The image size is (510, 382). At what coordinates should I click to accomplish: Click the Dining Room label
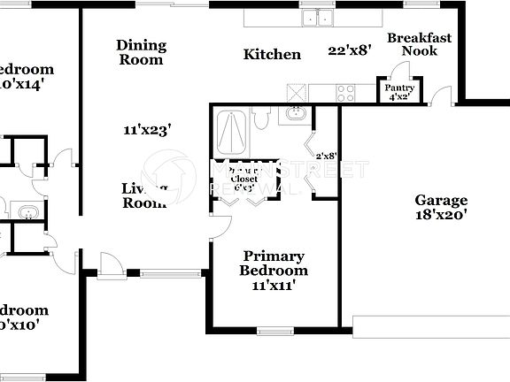click(140, 52)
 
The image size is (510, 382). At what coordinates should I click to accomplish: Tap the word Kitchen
click(272, 55)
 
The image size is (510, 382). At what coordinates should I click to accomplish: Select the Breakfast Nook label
click(419, 44)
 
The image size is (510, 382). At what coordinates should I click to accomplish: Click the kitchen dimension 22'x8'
click(348, 50)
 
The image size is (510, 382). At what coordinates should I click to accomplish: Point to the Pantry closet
click(398, 91)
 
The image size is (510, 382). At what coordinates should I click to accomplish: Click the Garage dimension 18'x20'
click(441, 214)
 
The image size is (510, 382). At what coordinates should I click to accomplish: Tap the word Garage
click(441, 200)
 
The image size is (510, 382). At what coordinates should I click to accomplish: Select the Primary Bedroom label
click(273, 264)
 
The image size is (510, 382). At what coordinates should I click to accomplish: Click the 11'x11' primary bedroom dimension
click(273, 285)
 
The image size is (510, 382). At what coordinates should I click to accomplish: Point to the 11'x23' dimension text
click(147, 130)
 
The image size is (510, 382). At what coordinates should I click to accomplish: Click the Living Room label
click(143, 195)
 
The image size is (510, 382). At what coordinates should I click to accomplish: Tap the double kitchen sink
click(315, 17)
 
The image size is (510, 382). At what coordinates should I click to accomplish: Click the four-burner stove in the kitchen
click(344, 89)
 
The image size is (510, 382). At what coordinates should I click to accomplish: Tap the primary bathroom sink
click(296, 113)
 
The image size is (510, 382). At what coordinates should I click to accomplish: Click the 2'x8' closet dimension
click(326, 156)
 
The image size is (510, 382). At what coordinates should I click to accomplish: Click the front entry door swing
click(109, 264)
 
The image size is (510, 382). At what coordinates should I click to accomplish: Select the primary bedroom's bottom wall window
click(274, 332)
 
